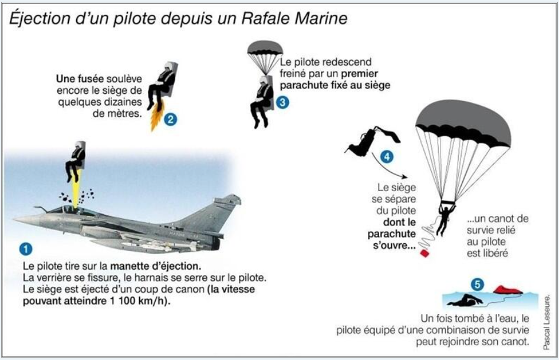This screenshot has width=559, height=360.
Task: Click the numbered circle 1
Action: pos(25,249)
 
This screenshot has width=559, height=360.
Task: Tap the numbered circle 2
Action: pos(170,119)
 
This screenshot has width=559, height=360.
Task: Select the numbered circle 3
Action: pos(282,103)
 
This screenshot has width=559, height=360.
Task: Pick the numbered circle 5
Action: pos(478,284)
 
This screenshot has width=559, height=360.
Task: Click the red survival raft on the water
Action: pos(508,290)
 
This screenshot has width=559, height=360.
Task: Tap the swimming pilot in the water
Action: pos(465,301)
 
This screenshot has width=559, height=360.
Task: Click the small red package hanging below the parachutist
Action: pos(425,253)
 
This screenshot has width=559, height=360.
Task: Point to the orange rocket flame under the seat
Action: pos(156,116)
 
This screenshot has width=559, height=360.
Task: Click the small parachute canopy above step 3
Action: pos(265,48)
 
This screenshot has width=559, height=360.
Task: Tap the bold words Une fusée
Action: pos(80,78)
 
